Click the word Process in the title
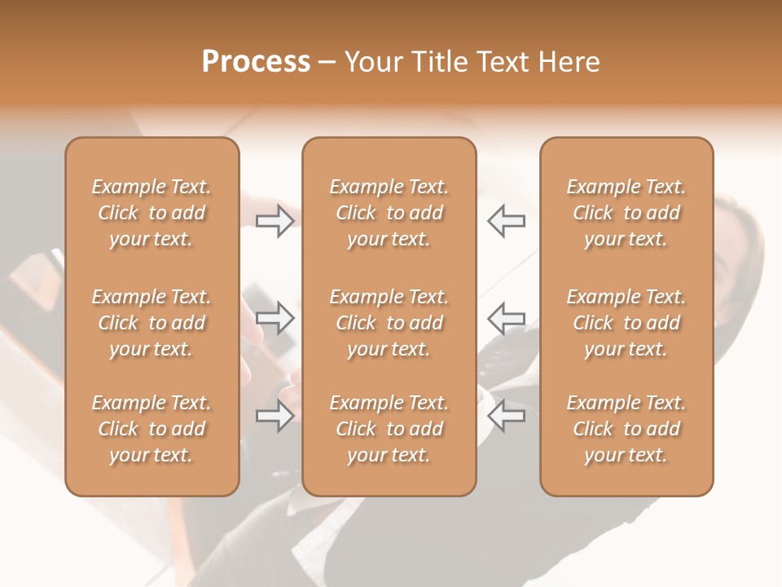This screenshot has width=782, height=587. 256,62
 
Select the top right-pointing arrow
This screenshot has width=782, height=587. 275,221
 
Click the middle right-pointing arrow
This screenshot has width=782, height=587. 275,317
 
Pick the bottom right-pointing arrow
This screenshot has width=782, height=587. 275,417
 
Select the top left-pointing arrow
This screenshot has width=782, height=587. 507,221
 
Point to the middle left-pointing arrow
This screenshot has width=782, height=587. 507,317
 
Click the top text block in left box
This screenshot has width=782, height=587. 152,213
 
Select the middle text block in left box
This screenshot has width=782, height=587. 152,323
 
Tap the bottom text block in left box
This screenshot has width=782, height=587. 152,429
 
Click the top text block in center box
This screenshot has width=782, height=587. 389,213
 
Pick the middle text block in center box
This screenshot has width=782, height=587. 389,323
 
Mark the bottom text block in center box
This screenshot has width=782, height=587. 389,429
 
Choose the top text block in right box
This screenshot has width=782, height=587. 626,213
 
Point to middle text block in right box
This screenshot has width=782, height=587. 626,323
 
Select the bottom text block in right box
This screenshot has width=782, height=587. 626,429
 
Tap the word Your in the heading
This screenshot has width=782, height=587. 374,62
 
